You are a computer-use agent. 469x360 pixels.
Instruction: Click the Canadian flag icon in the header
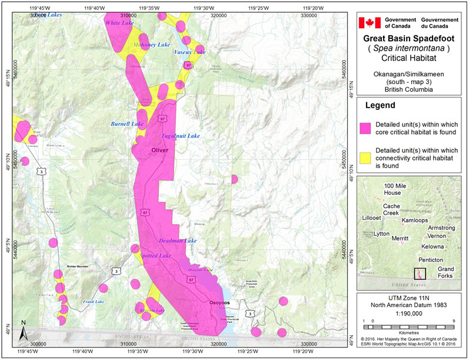point(370,22)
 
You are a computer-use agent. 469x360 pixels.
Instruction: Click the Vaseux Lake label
point(190,52)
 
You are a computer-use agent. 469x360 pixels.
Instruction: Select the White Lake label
point(119,23)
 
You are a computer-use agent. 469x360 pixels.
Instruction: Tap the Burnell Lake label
point(127,124)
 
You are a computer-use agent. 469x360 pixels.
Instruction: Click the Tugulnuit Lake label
point(181,136)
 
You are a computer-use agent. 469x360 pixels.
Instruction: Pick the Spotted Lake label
point(155,256)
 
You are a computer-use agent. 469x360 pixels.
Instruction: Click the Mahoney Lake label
point(151,45)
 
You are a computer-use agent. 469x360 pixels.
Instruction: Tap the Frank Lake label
point(93,302)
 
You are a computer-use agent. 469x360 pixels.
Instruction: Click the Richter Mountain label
point(77,266)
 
